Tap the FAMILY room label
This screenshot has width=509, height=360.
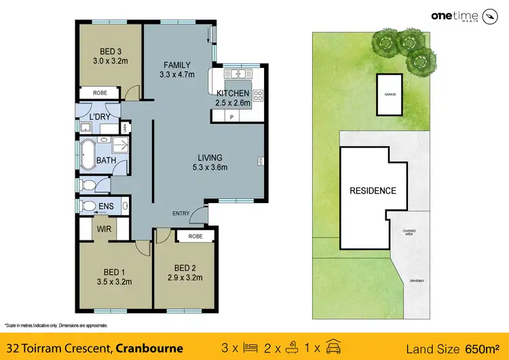pyautogui.click(x=177, y=65)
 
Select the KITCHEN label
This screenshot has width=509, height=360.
pyautogui.click(x=233, y=93)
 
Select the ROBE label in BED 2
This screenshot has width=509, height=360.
pyautogui.click(x=195, y=236)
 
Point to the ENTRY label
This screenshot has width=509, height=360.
pyautogui.click(x=181, y=214)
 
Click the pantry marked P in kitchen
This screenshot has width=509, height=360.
pyautogui.click(x=231, y=117)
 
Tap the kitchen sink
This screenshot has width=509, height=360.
pyautogui.click(x=238, y=73)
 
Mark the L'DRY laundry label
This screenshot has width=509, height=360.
pyautogui.click(x=100, y=117)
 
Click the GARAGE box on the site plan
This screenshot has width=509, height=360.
pyautogui.click(x=390, y=94)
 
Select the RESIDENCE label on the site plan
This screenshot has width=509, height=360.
pyautogui.click(x=373, y=191)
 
